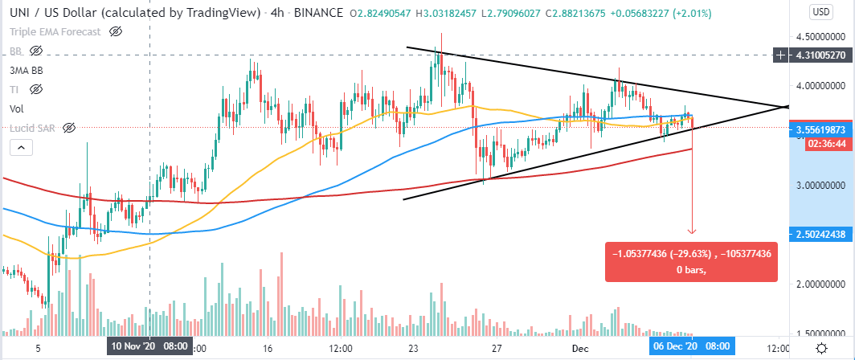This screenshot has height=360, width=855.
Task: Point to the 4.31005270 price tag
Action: pyautogui.click(x=815, y=55)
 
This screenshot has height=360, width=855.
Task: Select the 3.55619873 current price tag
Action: pyautogui.click(x=815, y=129)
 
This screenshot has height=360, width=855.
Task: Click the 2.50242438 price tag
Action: pyautogui.click(x=815, y=234)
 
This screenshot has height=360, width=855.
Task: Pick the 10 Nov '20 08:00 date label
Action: pyautogui.click(x=149, y=348)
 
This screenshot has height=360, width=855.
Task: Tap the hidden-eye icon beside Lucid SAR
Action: pyautogui.click(x=69, y=128)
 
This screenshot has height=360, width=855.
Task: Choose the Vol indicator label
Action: pyautogui.click(x=16, y=108)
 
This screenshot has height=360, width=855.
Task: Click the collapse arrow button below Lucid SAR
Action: pyautogui.click(x=21, y=147)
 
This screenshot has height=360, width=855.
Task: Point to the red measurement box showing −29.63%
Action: pyautogui.click(x=691, y=261)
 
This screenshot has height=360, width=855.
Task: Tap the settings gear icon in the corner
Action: pyautogui.click(x=822, y=348)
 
